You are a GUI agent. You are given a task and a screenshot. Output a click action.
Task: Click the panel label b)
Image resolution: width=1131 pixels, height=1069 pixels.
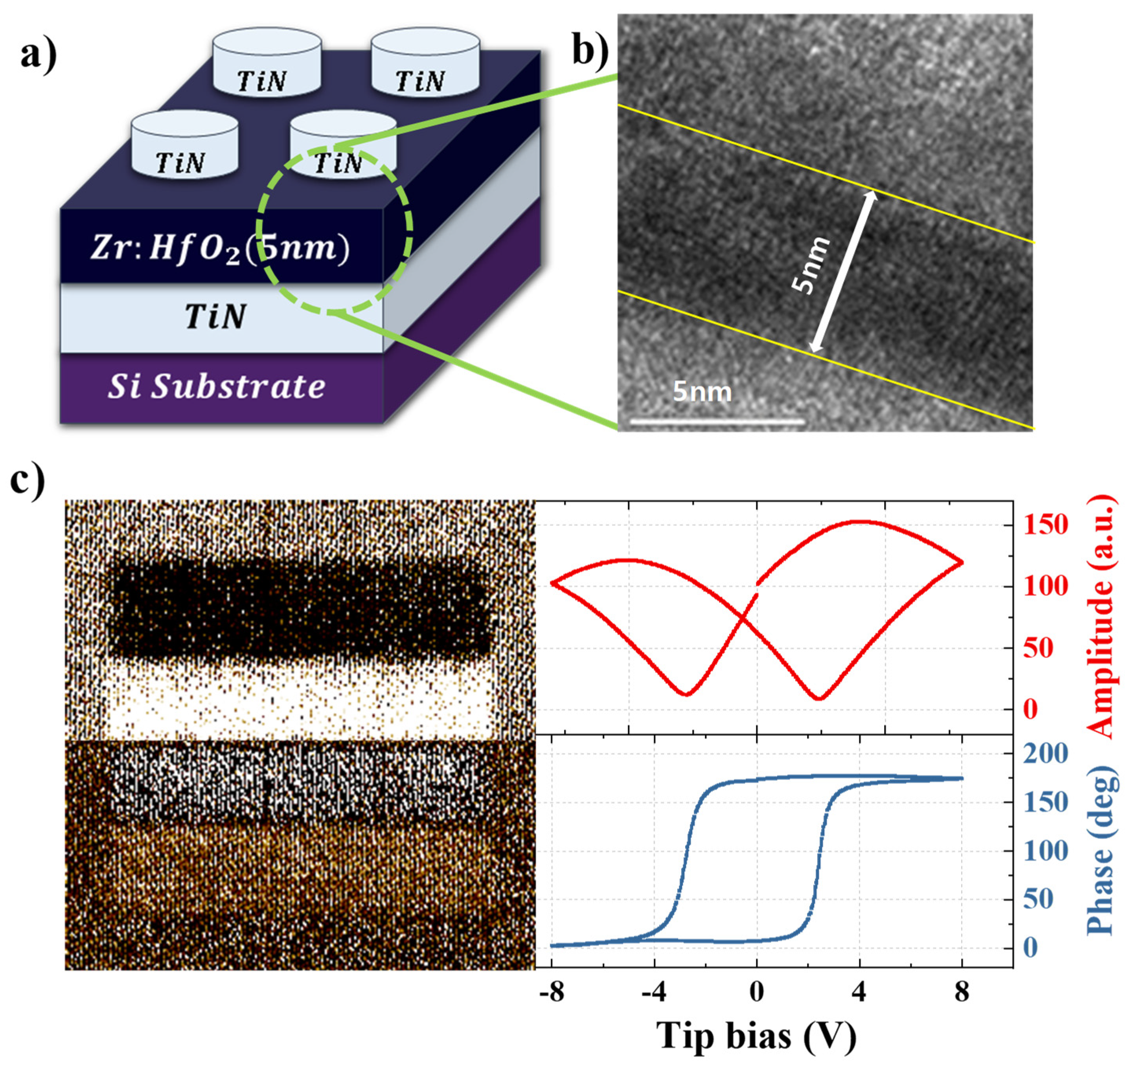pyautogui.click(x=590, y=50)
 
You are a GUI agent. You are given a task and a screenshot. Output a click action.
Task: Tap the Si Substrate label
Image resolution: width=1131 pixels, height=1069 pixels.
pyautogui.click(x=217, y=387)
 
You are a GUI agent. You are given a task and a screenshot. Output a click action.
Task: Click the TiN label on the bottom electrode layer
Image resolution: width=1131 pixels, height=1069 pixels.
pyautogui.click(x=215, y=317)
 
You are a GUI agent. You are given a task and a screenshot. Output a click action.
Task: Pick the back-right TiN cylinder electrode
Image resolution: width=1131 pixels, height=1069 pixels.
pyautogui.click(x=425, y=62)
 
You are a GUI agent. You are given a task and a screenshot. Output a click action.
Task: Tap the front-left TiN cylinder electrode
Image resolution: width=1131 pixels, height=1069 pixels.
pyautogui.click(x=184, y=145)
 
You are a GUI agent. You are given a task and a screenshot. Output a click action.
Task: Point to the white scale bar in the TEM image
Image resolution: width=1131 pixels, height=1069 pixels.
pyautogui.click(x=717, y=422)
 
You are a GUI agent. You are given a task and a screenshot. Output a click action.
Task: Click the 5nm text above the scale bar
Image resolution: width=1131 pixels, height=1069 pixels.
pyautogui.click(x=703, y=392)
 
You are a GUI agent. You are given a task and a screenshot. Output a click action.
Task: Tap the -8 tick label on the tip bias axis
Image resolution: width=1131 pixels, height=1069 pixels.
pyautogui.click(x=551, y=992)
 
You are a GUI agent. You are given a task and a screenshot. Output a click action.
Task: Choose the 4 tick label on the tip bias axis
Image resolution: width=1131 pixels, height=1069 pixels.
pyautogui.click(x=859, y=992)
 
